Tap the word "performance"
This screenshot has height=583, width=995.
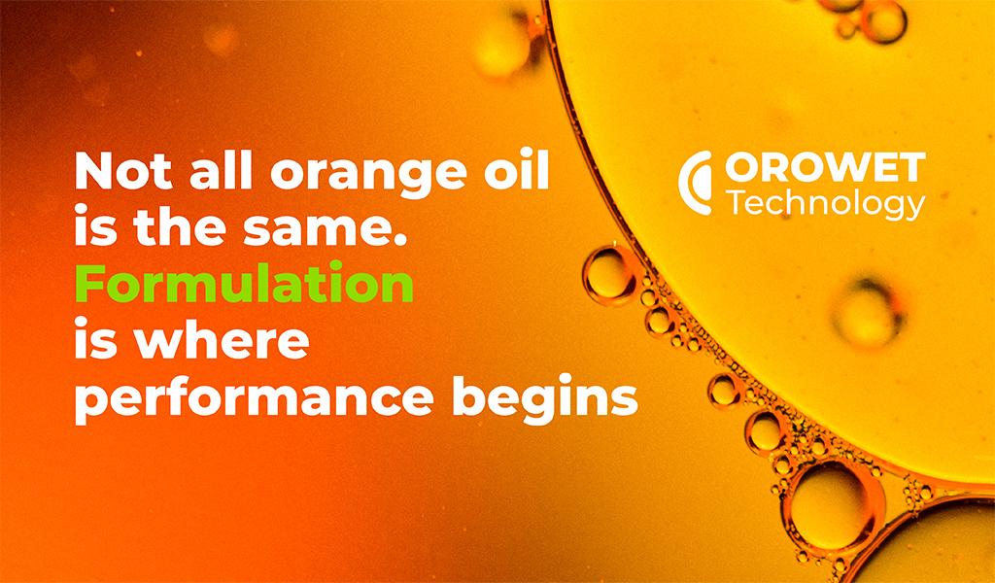255,399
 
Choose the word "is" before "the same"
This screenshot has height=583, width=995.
96,226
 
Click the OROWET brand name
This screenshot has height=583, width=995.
825,168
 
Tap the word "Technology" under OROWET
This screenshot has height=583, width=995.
826,204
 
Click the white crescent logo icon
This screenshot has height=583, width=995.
694,183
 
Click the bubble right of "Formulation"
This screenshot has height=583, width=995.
608,274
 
